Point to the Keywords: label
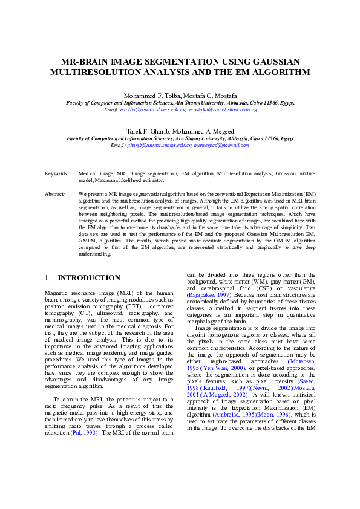point(56,173)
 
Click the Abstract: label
point(55,195)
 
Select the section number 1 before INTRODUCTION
point(47,278)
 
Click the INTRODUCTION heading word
point(89,278)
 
